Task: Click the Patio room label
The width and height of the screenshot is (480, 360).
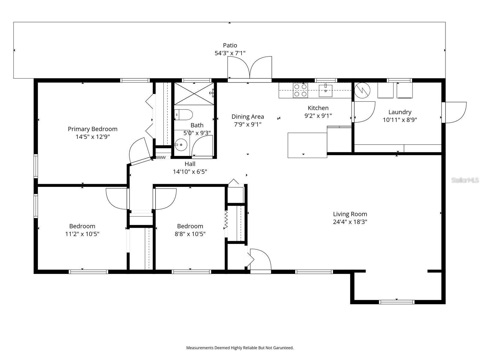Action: [x=230, y=45]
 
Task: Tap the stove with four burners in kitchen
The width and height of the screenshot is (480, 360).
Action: [x=300, y=90]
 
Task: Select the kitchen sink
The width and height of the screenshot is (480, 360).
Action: [x=325, y=90]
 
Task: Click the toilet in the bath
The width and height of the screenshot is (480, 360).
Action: [x=184, y=115]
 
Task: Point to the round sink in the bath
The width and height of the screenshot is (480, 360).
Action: [x=181, y=145]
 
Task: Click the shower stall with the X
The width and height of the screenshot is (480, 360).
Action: [x=194, y=94]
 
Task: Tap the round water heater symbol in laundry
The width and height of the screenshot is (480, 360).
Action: [x=362, y=90]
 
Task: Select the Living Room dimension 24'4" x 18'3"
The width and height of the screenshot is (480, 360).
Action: [x=350, y=222]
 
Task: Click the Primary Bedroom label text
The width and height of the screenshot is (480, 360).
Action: [x=92, y=129]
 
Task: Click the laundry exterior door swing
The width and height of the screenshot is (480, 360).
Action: [x=454, y=112]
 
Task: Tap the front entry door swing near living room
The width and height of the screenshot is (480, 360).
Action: [x=260, y=260]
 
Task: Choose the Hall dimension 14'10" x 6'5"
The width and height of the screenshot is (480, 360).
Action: [x=190, y=172]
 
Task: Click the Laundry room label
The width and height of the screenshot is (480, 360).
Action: [x=400, y=112]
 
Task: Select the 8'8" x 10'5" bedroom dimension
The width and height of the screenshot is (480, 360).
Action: [x=190, y=234]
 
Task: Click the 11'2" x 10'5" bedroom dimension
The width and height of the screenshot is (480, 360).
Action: [x=82, y=234]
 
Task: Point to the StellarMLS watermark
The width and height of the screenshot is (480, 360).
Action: [x=465, y=180]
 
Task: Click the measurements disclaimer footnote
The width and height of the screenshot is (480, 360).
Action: [x=240, y=348]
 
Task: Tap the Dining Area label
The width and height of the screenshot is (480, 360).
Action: [x=247, y=117]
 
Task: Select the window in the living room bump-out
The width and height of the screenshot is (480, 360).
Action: [x=397, y=302]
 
